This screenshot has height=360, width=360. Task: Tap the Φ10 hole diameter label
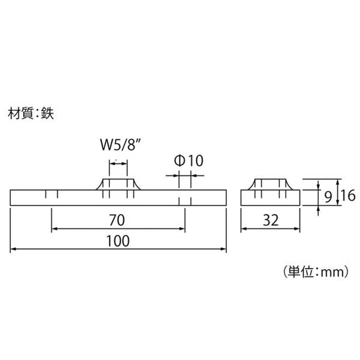pos(189,161)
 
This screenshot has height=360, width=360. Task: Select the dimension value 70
pos(117,220)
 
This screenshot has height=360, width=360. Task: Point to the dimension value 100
pos(118,241)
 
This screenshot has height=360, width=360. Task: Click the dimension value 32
pos(271,220)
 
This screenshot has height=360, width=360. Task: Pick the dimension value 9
pos(328,197)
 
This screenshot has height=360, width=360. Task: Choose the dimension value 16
pos(348,195)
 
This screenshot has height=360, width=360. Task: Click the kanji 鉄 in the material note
pos(48,113)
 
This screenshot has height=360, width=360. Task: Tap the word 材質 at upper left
pos(21,113)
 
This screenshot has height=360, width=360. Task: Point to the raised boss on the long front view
pos(118,184)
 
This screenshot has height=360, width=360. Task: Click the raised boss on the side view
pos(270,184)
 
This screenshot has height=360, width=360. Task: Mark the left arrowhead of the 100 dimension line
pos(13,249)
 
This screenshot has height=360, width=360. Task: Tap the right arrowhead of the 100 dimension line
pos(224,249)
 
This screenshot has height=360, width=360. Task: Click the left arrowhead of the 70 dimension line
pos(54,229)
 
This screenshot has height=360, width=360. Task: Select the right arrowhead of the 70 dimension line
pos(182,229)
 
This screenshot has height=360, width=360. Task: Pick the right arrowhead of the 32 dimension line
pos(297,229)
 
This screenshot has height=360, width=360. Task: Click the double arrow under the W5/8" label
pos(118,163)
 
